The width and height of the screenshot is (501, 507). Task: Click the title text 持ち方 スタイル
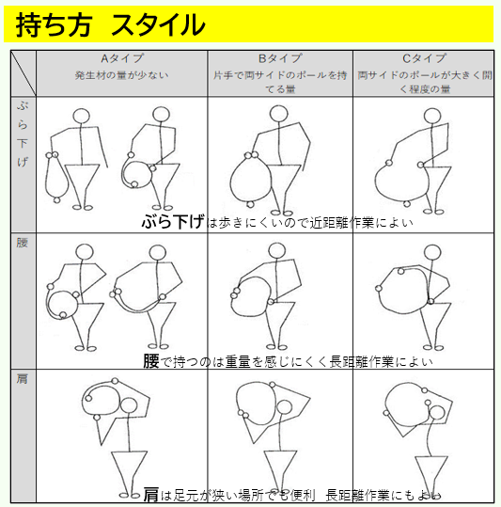tap(110, 24)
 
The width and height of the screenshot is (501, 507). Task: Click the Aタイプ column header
tap(122, 58)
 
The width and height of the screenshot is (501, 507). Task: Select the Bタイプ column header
tap(280, 58)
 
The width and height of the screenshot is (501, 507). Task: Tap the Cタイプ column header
tap(424, 58)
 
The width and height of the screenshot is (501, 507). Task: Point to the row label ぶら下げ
tap(23, 134)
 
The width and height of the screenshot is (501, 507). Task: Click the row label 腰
tap(22, 242)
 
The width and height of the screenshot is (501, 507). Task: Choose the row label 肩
tap(22, 379)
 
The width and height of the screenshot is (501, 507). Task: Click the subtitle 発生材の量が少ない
tap(122, 75)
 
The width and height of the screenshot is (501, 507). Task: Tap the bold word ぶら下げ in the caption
tap(173, 221)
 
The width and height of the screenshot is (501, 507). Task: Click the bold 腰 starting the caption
tap(151, 361)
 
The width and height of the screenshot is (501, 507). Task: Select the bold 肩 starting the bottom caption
tap(151, 495)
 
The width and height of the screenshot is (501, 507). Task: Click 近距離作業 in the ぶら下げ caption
tap(342, 223)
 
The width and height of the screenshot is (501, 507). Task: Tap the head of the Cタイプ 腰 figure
tap(432, 252)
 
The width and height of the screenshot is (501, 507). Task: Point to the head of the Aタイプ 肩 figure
tap(129, 405)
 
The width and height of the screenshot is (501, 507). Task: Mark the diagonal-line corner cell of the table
tap(23, 73)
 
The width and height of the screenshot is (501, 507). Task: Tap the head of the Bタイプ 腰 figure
tap(277, 251)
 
